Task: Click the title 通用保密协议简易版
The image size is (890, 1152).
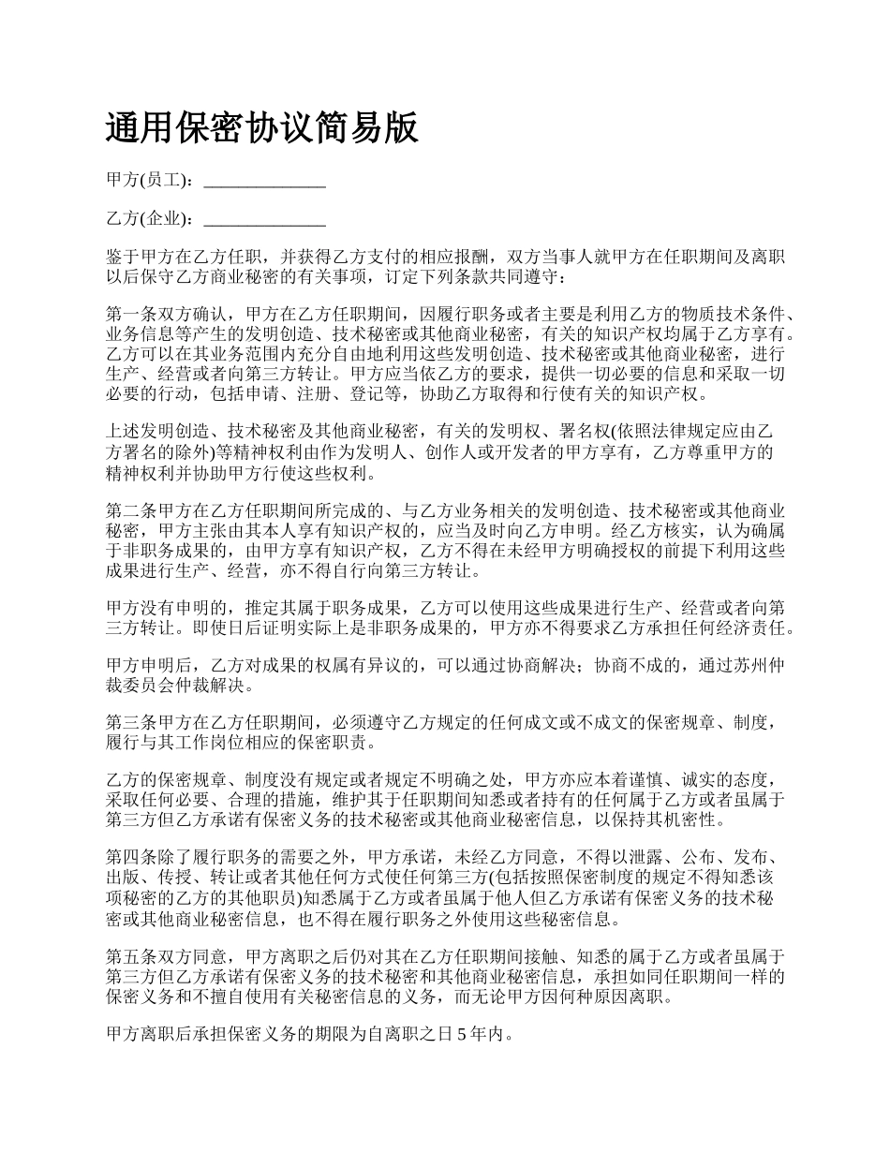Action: click(x=262, y=128)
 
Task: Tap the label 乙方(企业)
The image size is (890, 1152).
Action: click(x=150, y=220)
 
